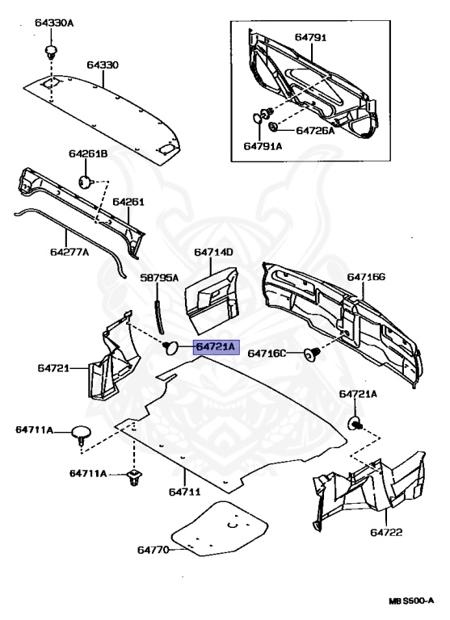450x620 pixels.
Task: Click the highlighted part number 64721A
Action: tap(215, 347)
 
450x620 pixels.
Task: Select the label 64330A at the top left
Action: tap(54, 23)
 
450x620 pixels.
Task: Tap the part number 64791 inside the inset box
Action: tap(310, 36)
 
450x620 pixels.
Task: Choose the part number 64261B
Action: tap(88, 153)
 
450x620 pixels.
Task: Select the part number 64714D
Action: tap(213, 253)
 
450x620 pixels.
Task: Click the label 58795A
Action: tap(159, 277)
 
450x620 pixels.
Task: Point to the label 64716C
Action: tap(267, 353)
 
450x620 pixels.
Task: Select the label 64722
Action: tap(387, 533)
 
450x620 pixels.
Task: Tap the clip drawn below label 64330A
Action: tap(52, 52)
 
